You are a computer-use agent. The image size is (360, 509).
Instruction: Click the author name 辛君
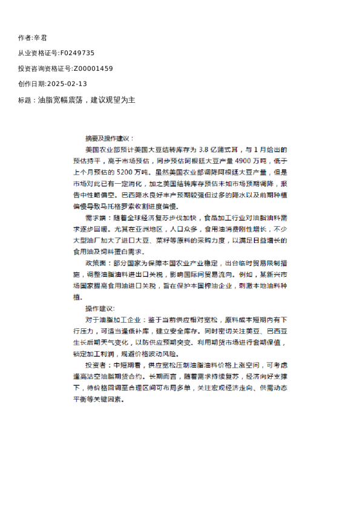41,37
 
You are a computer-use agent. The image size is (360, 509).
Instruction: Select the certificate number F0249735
77,53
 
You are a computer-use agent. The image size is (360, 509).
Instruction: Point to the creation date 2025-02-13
67,84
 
